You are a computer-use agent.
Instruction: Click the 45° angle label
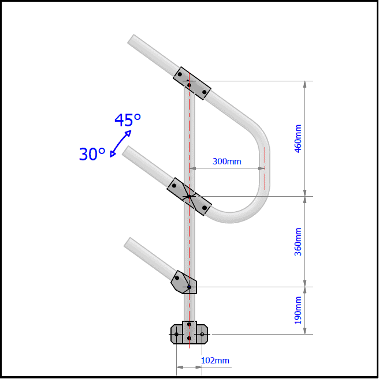[128, 120]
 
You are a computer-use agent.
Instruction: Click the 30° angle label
[92, 154]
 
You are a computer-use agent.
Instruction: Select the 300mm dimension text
[226, 162]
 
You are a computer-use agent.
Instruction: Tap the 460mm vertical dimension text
[298, 139]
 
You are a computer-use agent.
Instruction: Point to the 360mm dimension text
[298, 242]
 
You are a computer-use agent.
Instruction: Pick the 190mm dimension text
[298, 310]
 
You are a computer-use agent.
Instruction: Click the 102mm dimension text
[215, 361]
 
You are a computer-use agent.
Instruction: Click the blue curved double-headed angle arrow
[120, 143]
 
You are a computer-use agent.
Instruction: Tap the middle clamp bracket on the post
[189, 197]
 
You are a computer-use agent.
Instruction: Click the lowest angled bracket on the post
[184, 283]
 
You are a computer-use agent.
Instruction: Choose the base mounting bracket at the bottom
[189, 333]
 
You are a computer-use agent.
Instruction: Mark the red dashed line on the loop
[265, 168]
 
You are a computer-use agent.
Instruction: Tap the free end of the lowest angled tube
[128, 242]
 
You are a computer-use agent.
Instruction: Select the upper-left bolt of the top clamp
[180, 74]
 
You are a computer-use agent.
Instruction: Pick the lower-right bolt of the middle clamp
[204, 207]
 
